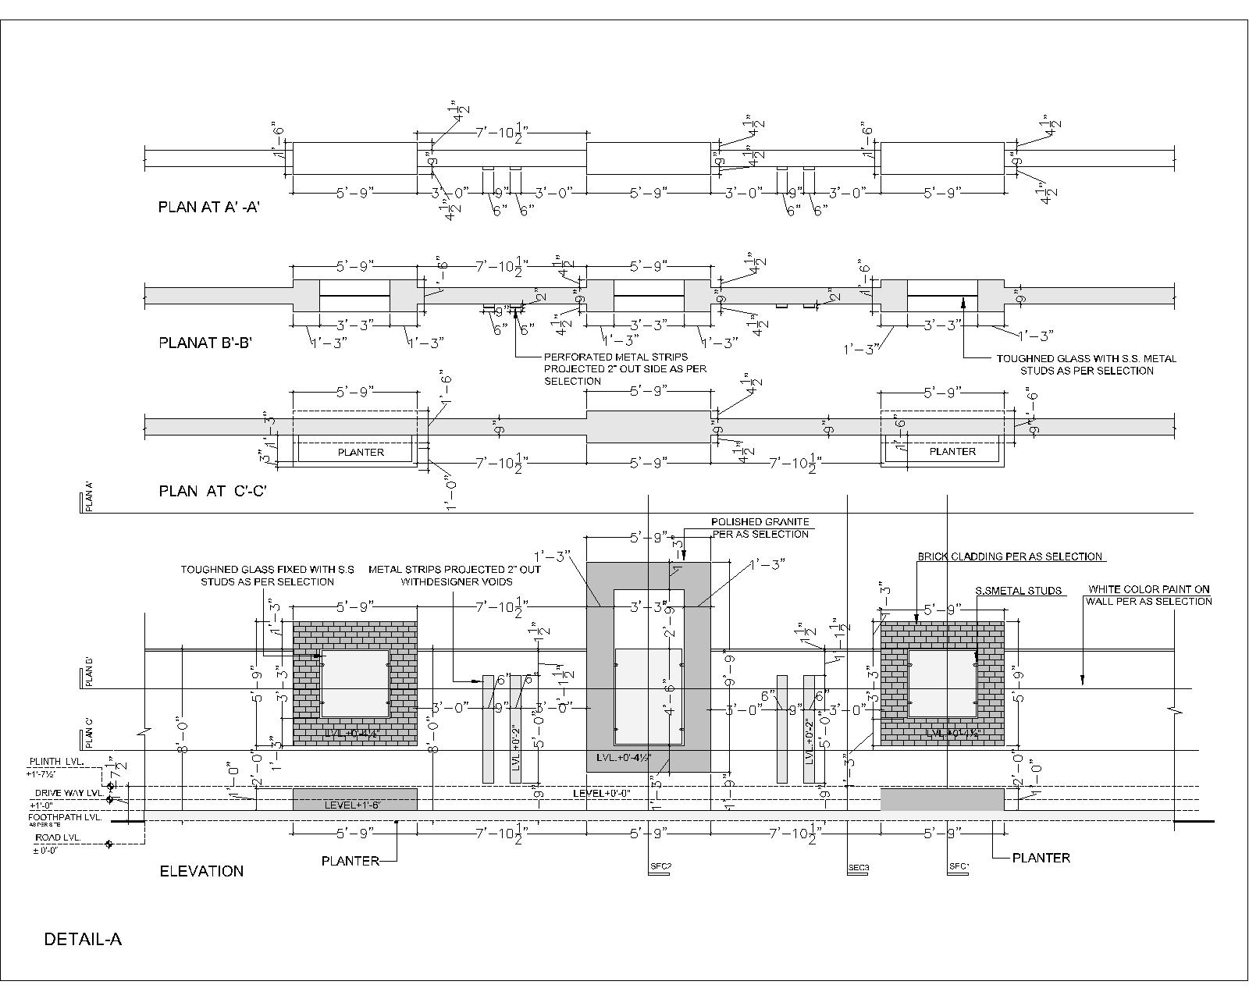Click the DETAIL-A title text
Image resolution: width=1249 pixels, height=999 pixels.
pos(83,939)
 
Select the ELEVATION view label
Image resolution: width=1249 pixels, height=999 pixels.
pos(201,871)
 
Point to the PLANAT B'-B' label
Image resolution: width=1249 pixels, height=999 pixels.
pos(205,342)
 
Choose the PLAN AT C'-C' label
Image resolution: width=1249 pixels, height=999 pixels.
pos(213,491)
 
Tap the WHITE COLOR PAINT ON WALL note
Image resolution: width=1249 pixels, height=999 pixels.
pos(1149,595)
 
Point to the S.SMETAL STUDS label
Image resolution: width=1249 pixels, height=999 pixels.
pos(1019,591)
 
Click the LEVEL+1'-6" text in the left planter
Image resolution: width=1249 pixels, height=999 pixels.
pos(352,804)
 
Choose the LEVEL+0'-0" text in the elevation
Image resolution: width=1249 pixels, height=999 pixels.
pos(602,793)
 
